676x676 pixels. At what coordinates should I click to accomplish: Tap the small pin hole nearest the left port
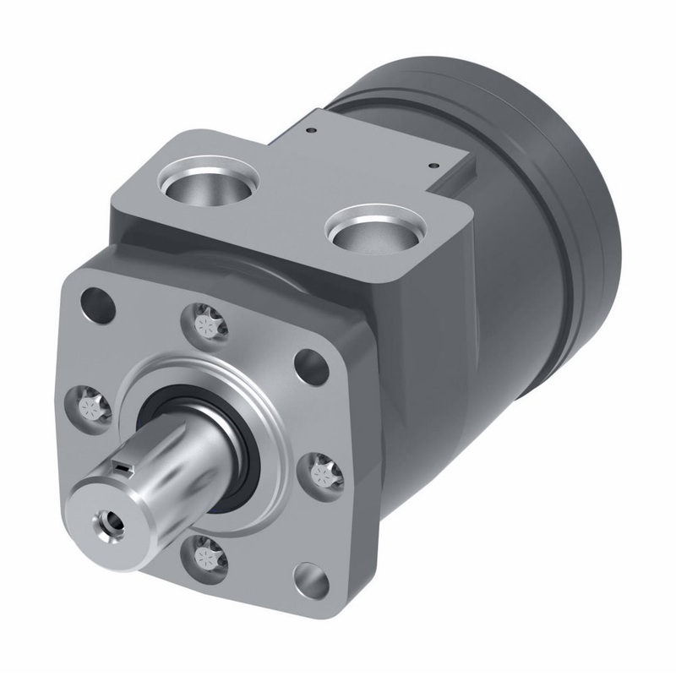pos(312,131)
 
